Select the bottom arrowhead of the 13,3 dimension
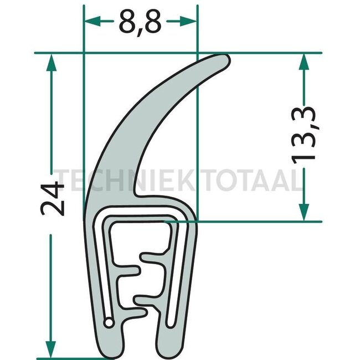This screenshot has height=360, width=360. pyautogui.click(x=304, y=213)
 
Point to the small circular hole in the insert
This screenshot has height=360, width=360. pyautogui.click(x=111, y=321)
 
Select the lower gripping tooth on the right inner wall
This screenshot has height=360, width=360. pyautogui.click(x=148, y=300)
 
